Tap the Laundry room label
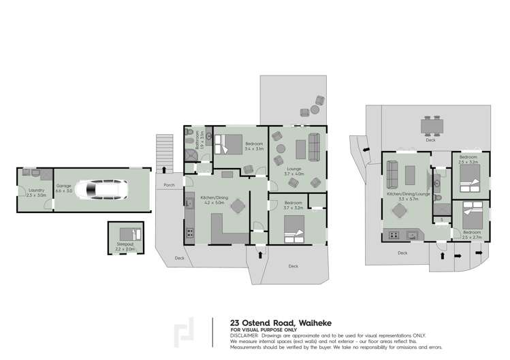coord(33,193)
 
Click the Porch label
coord(169,184)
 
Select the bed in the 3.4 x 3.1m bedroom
coord(229,145)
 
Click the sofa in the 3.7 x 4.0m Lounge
coord(314,145)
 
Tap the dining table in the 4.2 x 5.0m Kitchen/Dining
coord(238,206)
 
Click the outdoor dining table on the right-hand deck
coord(430,127)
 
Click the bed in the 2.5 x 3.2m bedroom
coord(470,180)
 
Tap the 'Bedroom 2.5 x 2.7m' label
coord(471,234)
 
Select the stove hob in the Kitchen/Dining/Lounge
coord(393,235)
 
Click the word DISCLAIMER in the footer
coord(244,335)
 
